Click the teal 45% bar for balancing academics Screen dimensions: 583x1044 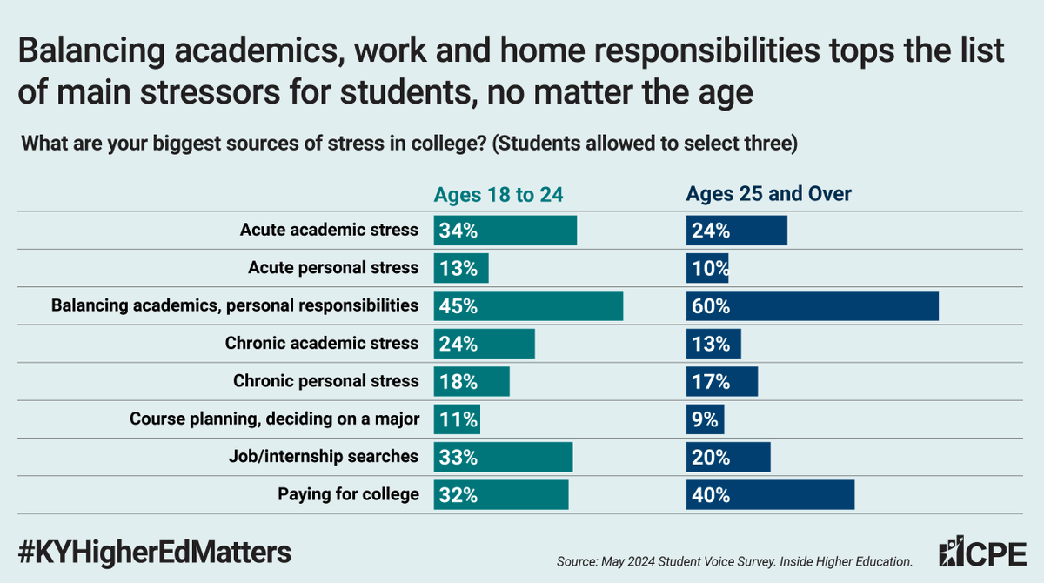[x=528, y=305]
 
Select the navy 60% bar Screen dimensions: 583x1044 [x=812, y=305]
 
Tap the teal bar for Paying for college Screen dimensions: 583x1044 [x=501, y=494]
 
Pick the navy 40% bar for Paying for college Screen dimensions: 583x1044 [x=770, y=494]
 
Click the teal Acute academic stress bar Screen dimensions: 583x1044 [x=505, y=231]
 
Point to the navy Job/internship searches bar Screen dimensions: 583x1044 [x=728, y=456]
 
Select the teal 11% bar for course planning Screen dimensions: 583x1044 [x=457, y=419]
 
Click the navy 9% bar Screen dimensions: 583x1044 [x=705, y=419]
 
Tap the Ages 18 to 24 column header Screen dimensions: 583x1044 [x=499, y=194]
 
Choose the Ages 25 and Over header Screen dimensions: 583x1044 [x=768, y=194]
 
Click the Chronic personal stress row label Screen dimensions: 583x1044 [x=326, y=381]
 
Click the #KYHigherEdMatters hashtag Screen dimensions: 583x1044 [x=154, y=551]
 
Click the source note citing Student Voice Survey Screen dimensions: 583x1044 [x=734, y=562]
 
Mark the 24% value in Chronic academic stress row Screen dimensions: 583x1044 [x=458, y=344]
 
